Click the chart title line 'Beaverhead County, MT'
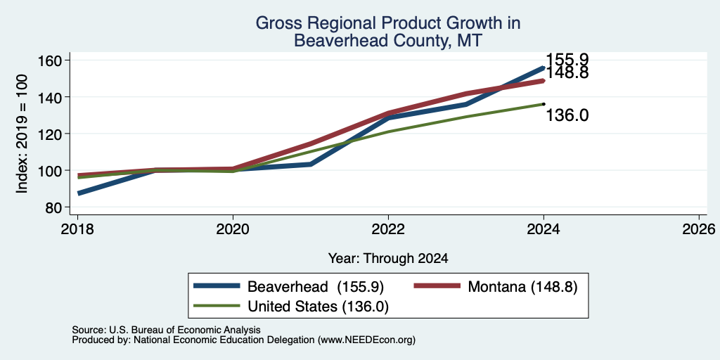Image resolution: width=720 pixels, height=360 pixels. point(388,41)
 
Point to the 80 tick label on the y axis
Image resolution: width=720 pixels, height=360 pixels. point(54,207)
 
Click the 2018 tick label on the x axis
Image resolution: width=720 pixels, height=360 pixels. point(77,229)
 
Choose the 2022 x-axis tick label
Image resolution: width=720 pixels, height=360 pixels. point(388,229)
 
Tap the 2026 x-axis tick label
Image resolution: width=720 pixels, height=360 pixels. point(700,229)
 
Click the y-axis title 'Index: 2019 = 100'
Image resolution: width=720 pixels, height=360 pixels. point(22,134)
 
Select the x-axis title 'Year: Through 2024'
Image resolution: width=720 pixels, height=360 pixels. point(388,259)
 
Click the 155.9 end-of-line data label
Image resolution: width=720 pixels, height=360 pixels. point(567,60)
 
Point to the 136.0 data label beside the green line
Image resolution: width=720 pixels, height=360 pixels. point(567,116)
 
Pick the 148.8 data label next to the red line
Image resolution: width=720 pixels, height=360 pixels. point(567,73)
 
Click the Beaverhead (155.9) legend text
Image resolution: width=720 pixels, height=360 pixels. point(316,287)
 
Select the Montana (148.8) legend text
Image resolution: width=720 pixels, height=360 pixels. point(522,287)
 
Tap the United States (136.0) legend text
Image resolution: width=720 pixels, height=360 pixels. point(319,307)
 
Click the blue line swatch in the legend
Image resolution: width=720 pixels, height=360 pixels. point(217,286)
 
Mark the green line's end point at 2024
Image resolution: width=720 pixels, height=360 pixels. point(544,104)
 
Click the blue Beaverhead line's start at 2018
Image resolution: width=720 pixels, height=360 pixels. point(79,193)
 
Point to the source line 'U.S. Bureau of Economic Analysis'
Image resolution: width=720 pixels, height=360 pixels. point(185,330)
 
